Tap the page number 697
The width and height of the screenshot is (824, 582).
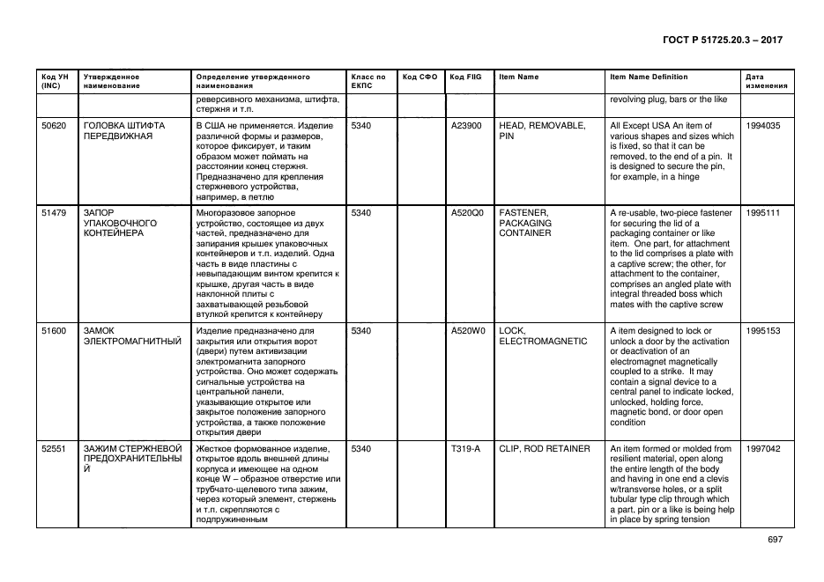coord(775,539)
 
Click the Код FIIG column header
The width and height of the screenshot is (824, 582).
coord(463,77)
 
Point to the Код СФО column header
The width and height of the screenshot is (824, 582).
coord(419,77)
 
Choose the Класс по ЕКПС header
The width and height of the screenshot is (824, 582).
coord(368,81)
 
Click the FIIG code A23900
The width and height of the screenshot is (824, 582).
coord(466,126)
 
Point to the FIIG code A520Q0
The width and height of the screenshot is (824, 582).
coord(467,213)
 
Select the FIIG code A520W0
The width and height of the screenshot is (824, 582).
coord(468,331)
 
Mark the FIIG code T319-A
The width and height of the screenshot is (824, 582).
coord(465,449)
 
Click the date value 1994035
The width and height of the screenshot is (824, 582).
coord(762,126)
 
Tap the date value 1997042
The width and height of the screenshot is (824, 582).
coord(762,449)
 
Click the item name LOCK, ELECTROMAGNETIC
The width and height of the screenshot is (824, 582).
coord(543,336)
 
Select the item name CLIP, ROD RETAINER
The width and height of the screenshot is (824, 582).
coord(545,449)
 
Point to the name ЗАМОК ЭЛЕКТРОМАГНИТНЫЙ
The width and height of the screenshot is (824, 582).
coord(131,336)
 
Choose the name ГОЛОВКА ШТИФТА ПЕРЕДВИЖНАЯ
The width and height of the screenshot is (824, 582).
coord(124,131)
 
